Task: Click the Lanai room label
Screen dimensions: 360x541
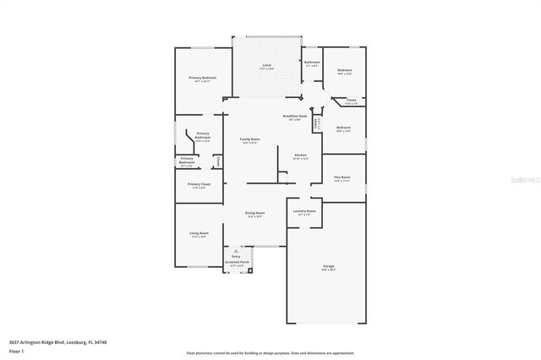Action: tap(266, 64)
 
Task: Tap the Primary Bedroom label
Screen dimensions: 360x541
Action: tap(202, 78)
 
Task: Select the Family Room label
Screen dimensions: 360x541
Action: tap(249, 139)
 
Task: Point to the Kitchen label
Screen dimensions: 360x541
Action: tap(300, 155)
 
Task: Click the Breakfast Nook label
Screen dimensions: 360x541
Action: tap(295, 116)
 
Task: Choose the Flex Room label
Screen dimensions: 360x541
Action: tap(342, 177)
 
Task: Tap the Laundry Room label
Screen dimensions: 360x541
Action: tap(304, 210)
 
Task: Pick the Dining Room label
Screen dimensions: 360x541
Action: tap(255, 213)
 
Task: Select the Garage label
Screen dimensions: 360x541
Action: tap(328, 267)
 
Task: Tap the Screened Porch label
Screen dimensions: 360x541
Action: tap(238, 262)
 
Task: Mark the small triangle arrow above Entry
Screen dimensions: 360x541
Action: tap(237, 251)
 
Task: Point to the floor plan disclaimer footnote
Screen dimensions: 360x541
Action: tap(270, 352)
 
